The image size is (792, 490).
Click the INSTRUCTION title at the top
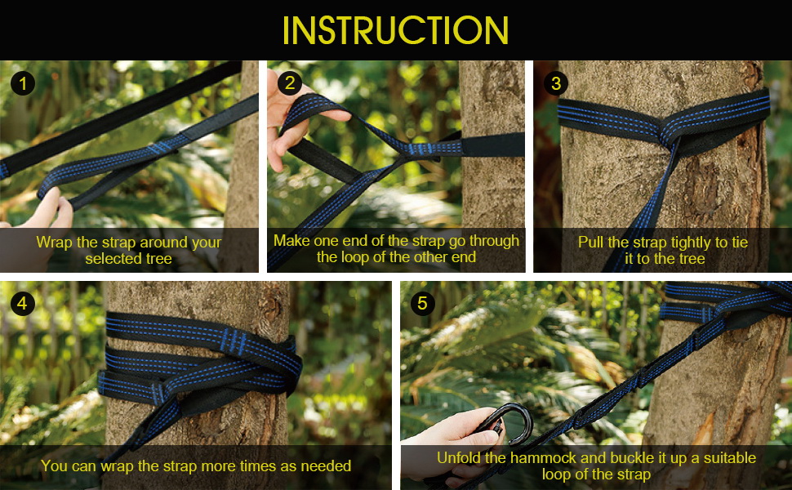pyautogui.click(x=395, y=30)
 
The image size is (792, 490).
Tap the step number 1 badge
pyautogui.click(x=23, y=83)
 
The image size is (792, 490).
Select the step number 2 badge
pyautogui.click(x=289, y=82)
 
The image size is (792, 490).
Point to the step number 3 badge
pyautogui.click(x=556, y=83)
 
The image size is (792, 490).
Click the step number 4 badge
pyautogui.click(x=23, y=304)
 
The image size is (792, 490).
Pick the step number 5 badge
pyautogui.click(x=422, y=304)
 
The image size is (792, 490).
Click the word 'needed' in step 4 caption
pyautogui.click(x=326, y=465)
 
